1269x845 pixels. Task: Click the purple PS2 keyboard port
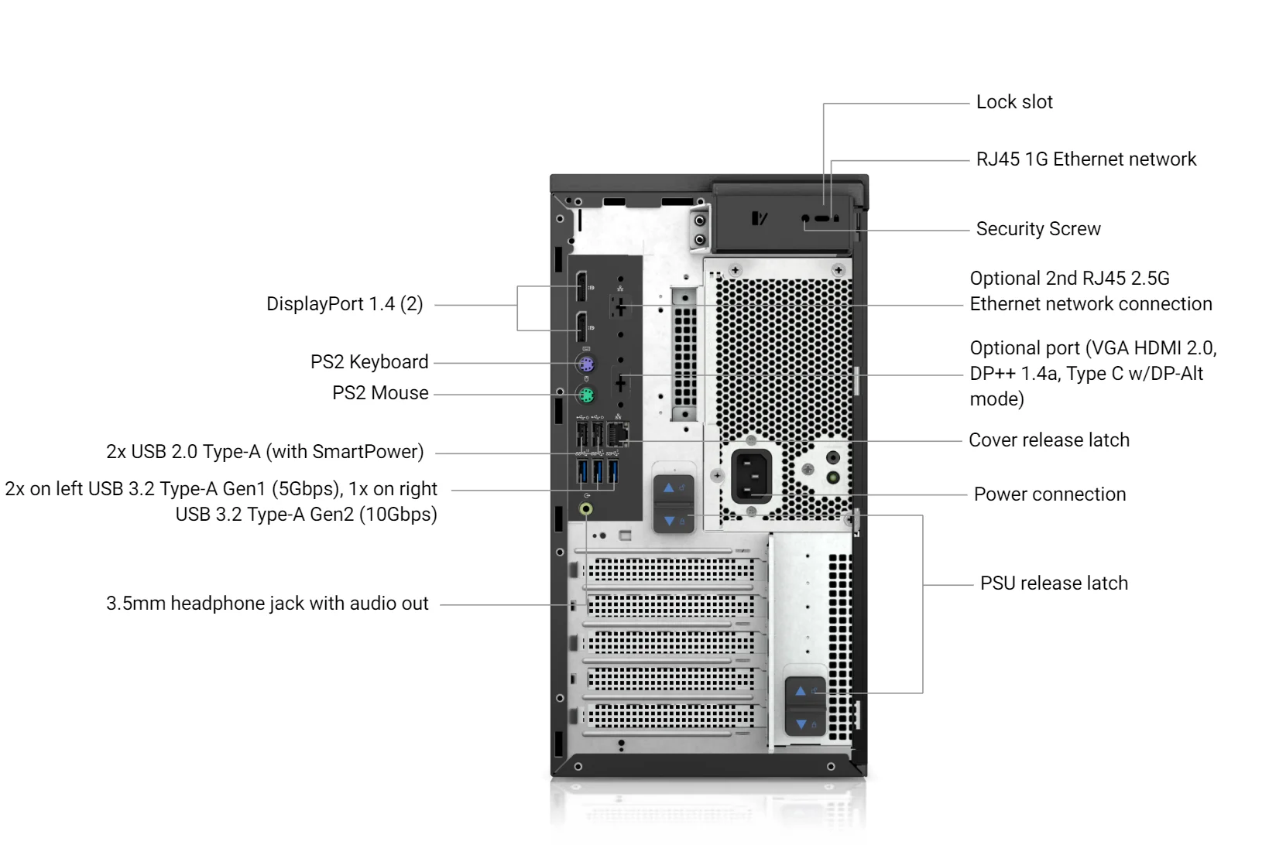click(586, 364)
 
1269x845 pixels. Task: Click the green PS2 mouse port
click(586, 396)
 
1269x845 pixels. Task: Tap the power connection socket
click(751, 476)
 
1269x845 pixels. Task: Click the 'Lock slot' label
click(1013, 102)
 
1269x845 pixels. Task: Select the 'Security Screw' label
click(1037, 229)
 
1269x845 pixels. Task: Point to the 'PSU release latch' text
click(1054, 583)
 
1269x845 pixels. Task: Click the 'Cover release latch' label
click(1048, 440)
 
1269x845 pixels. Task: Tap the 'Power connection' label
click(1049, 494)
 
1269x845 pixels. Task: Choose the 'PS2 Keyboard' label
click(369, 362)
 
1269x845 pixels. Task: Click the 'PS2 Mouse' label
click(380, 393)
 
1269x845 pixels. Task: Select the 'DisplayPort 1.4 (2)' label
click(345, 304)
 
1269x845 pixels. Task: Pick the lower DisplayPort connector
click(581, 328)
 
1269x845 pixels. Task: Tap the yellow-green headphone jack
click(586, 508)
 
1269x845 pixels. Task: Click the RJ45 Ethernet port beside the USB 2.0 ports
click(619, 434)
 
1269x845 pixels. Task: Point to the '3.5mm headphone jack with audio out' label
click(267, 604)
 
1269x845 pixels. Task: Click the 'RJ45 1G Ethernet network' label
click(1086, 159)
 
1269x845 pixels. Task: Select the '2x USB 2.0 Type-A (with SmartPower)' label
click(265, 452)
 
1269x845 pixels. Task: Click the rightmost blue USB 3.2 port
click(613, 471)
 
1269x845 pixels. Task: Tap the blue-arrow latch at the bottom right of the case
click(804, 706)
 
